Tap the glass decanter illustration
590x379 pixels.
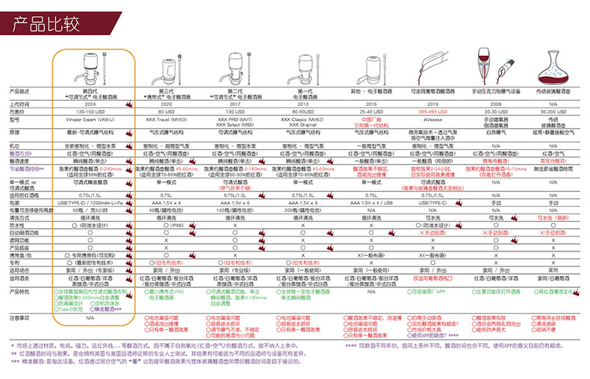tap(553, 70)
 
